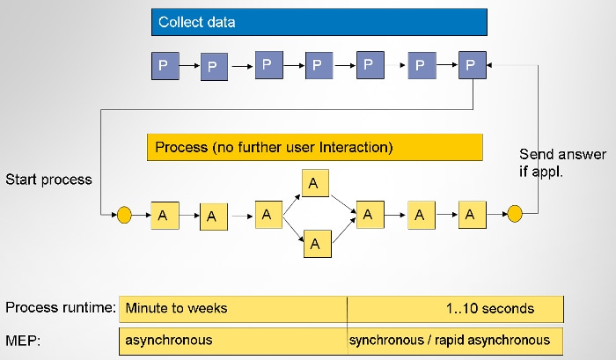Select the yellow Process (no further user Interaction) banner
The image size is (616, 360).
[x=314, y=147]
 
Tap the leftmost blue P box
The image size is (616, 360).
[x=163, y=65]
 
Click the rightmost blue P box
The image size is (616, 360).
[x=472, y=64]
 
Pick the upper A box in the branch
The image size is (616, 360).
[x=317, y=183]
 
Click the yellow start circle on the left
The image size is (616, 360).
[x=124, y=213]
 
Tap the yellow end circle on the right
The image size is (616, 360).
[x=516, y=213]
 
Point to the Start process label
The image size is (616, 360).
[x=48, y=180]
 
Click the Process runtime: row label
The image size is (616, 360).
[x=60, y=308]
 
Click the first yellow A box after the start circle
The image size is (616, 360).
[x=164, y=214]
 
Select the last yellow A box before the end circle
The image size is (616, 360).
[x=472, y=213]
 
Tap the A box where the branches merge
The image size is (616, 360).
[x=370, y=213]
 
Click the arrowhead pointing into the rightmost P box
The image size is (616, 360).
[x=491, y=64]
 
